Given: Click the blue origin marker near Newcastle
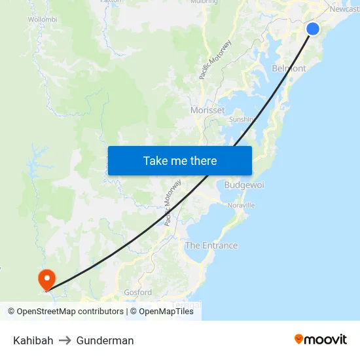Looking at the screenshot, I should pos(313,28).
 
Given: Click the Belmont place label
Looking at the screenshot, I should pos(289,68).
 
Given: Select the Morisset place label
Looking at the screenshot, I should pos(207,110).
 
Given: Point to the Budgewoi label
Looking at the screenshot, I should pos(244,185).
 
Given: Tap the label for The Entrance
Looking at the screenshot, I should pos(211,245).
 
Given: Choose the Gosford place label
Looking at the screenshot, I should pos(138,293).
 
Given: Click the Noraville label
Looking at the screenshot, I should pos(241,206).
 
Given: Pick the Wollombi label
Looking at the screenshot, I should pos(43,20).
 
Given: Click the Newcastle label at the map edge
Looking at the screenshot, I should pos(344,9).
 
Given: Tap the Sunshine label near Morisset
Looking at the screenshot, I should pos(242,120).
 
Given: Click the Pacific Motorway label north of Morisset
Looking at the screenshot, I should pos(216,60).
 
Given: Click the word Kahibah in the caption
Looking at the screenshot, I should pos(33,340).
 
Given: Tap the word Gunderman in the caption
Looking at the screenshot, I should pos(105,340).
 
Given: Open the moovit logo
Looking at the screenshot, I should pos(320,339).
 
